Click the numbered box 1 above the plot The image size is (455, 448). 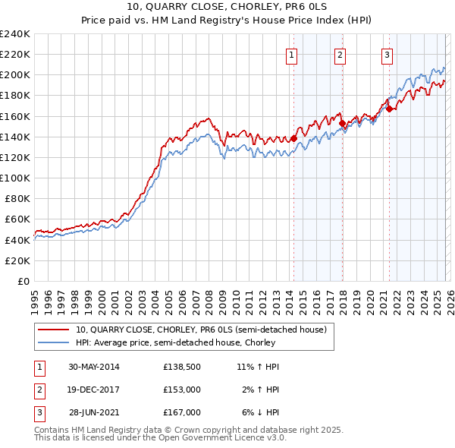point(292,54)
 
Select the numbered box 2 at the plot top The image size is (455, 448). point(340,54)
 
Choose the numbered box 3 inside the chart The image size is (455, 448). point(388,54)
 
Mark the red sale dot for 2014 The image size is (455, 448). point(293,138)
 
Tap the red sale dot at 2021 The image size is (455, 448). point(389,109)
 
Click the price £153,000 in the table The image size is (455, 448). point(181,390)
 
